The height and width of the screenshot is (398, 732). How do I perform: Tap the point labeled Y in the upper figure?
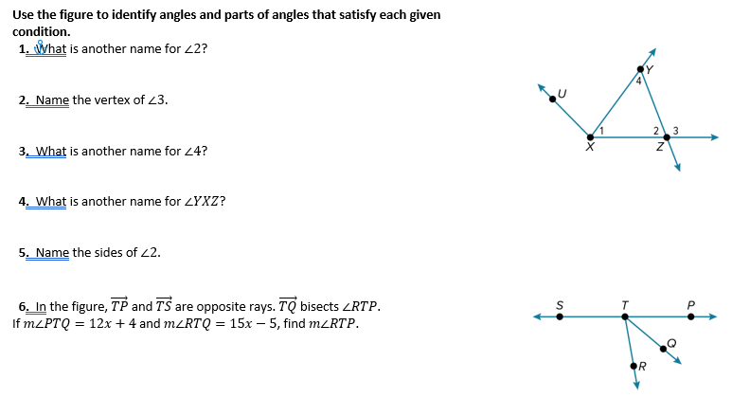tap(641, 69)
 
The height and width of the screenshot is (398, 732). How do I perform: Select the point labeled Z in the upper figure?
tap(667, 137)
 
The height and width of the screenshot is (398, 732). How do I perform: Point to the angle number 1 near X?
tap(601, 129)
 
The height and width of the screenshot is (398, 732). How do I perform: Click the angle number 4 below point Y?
tap(639, 82)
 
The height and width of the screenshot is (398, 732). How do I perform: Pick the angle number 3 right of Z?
tap(675, 129)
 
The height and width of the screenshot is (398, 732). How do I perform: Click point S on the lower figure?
tap(560, 317)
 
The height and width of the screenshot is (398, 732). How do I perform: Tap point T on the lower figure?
tap(624, 317)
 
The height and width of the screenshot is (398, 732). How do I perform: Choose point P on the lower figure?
tap(690, 317)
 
